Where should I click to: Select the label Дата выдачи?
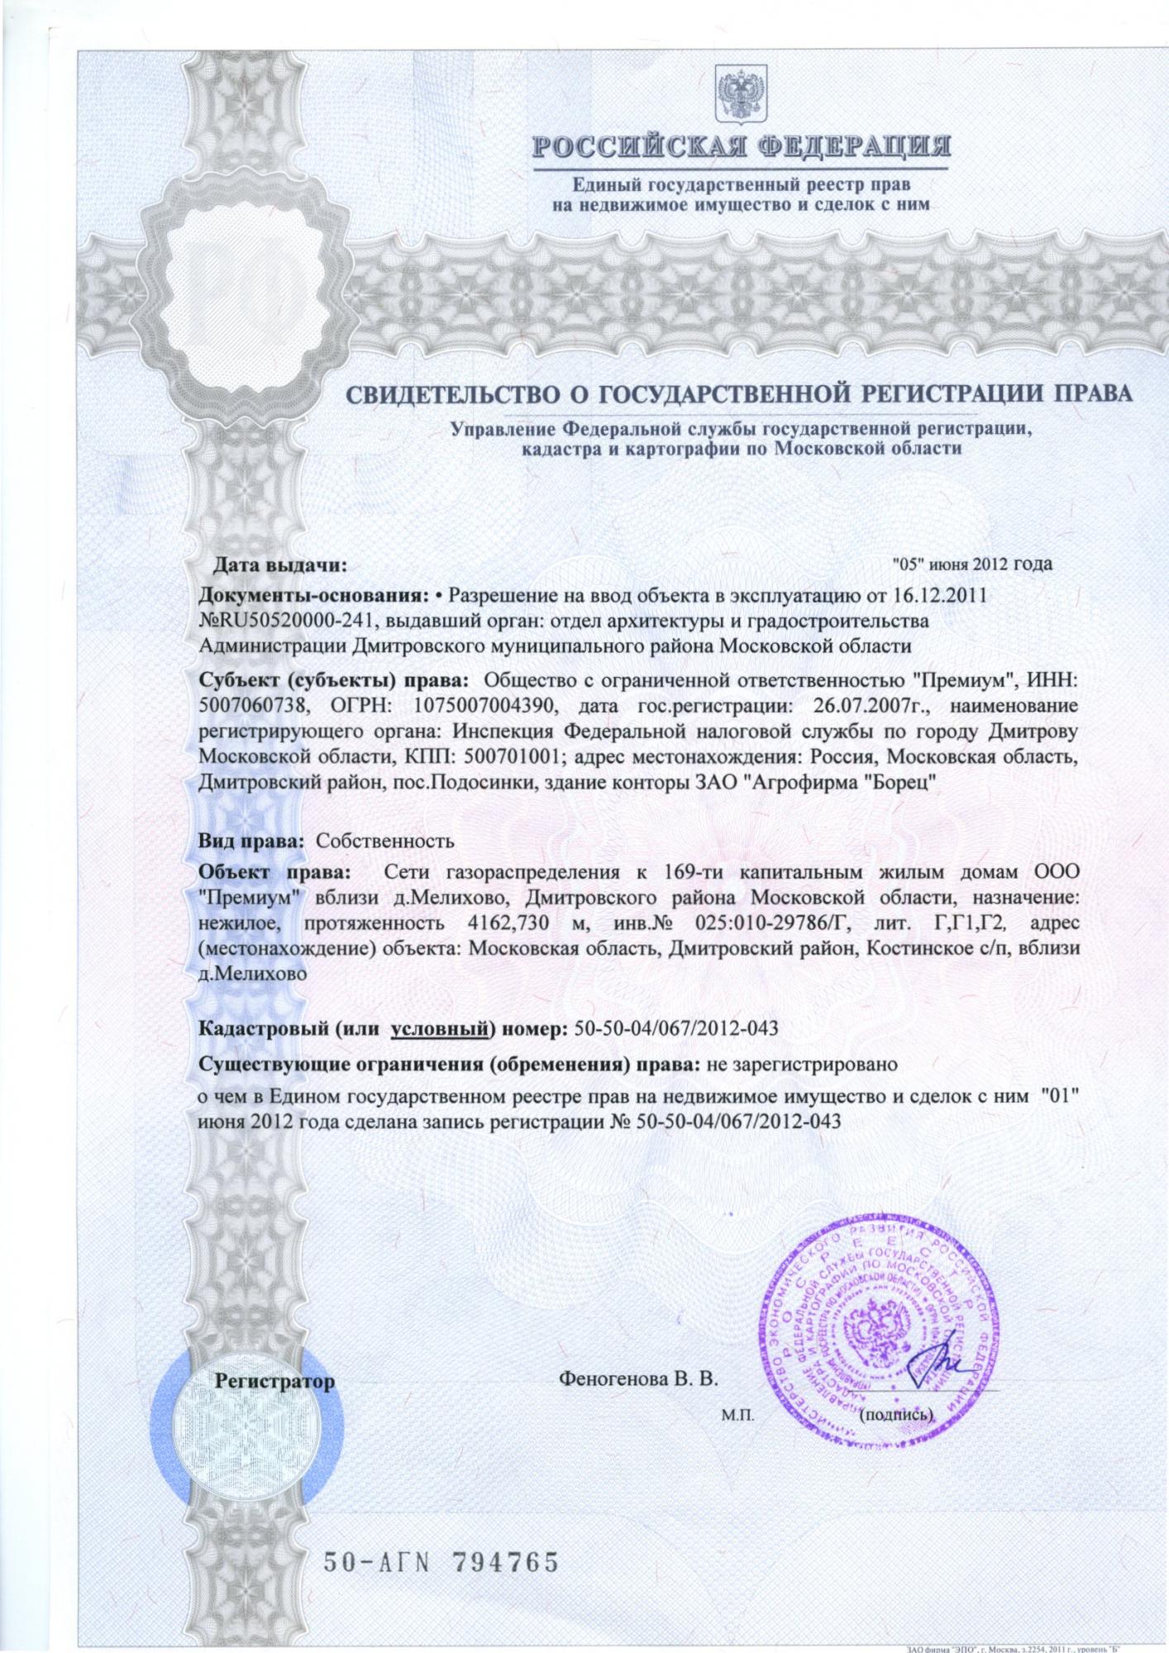coord(279,565)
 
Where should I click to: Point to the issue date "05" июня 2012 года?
coord(973,564)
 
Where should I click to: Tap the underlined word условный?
coord(441,1029)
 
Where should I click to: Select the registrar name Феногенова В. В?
coord(638,1379)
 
